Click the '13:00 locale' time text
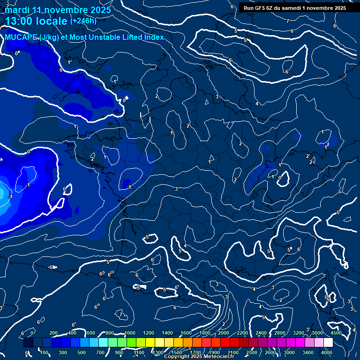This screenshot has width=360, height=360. pyautogui.click(x=36, y=21)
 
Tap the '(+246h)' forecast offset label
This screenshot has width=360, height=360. pyautogui.click(x=83, y=21)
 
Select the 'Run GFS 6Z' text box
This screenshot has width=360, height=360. pyautogui.click(x=295, y=8)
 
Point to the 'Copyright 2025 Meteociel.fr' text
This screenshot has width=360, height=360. pyautogui.click(x=199, y=357)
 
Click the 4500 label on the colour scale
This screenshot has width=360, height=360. pyautogui.click(x=336, y=333)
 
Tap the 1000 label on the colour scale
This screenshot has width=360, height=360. pyautogui.click(x=130, y=333)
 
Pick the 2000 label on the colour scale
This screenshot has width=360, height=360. pyautogui.click(x=224, y=333)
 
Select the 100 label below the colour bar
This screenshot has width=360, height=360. pyautogui.click(x=45, y=352)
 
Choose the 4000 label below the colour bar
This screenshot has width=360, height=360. pyautogui.click(x=327, y=352)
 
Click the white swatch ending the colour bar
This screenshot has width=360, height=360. pyautogui.click(x=328, y=343)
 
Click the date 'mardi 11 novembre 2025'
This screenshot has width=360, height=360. pyautogui.click(x=58, y=10)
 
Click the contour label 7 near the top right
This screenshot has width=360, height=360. pyautogui.click(x=288, y=22)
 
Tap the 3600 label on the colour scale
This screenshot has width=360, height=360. pyautogui.click(x=317, y=333)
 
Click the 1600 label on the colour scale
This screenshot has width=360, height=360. pyautogui.click(x=186, y=333)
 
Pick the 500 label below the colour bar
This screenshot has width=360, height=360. pyautogui.click(x=82, y=352)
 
